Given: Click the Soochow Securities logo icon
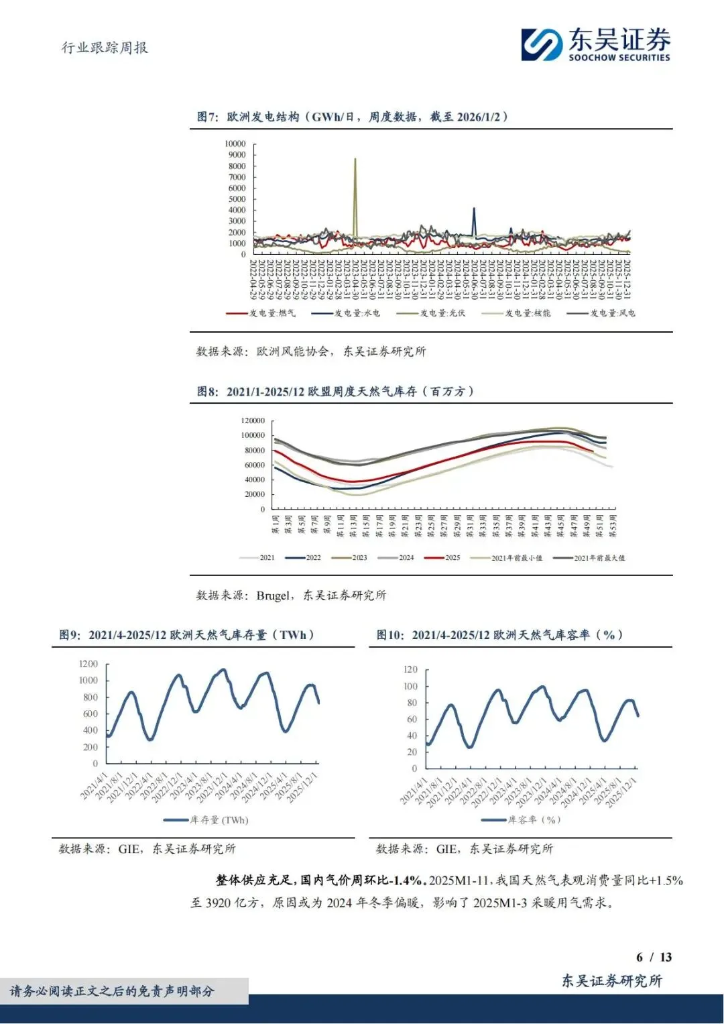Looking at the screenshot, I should click(x=542, y=44).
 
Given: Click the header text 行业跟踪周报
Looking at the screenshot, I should click(x=105, y=48).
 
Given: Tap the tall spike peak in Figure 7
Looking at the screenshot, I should click(x=355, y=160).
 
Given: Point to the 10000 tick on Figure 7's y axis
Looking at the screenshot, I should click(x=235, y=144).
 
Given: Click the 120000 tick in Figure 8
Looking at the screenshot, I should click(x=253, y=420).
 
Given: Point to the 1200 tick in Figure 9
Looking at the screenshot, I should click(x=88, y=664).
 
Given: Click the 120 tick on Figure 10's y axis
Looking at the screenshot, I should click(x=410, y=669).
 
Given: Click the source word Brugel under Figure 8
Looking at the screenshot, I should click(x=273, y=595).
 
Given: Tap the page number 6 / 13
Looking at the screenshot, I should click(x=654, y=957).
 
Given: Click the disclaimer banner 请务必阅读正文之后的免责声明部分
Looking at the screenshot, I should click(x=113, y=991).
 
